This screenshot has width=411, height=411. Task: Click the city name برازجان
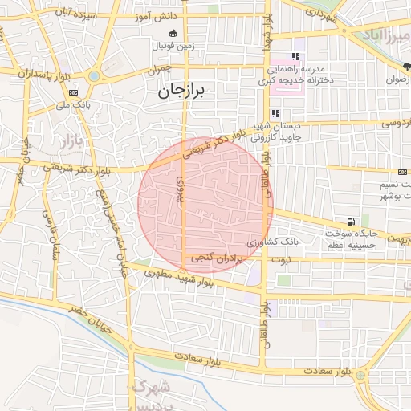(183, 92)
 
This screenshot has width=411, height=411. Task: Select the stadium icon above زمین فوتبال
(173, 32)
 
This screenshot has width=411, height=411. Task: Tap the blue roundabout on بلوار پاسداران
(95, 76)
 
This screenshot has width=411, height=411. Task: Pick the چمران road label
(161, 71)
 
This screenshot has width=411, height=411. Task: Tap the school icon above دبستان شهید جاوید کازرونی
(276, 113)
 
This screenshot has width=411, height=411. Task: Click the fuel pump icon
(350, 222)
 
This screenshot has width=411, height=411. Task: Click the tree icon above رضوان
(405, 67)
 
